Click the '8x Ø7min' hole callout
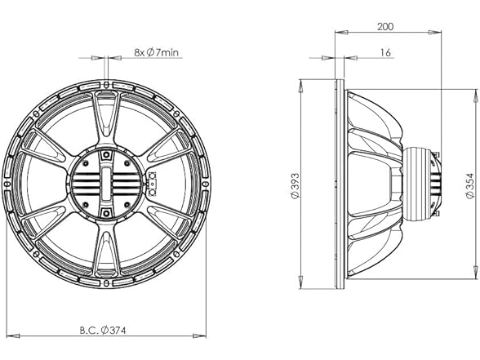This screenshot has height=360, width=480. point(157,51)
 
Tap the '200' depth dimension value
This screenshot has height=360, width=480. point(386,26)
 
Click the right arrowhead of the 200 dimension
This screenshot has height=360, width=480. point(441,34)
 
